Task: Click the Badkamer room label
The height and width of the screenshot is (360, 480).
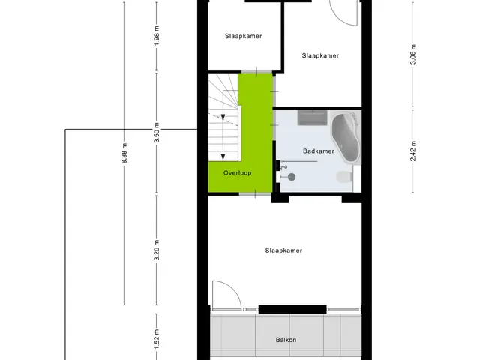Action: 318,151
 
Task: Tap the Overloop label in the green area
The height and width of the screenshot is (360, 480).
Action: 237,173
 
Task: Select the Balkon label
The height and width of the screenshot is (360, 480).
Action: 286,340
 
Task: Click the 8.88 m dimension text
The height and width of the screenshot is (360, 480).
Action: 124,153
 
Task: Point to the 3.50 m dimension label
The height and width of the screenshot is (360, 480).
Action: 157,133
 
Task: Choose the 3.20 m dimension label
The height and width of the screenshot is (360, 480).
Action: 157,250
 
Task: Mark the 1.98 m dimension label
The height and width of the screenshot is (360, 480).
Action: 157,35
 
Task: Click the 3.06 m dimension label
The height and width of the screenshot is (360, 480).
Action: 413,55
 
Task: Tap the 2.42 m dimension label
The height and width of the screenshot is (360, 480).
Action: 413,151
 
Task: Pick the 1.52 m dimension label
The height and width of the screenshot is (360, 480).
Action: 157,339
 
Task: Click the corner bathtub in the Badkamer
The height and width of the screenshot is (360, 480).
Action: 346,138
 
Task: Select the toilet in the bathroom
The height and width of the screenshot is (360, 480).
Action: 345,177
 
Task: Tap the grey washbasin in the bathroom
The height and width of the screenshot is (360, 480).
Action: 312,118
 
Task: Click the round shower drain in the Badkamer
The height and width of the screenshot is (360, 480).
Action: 292,177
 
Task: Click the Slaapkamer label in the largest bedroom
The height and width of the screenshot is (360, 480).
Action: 283,250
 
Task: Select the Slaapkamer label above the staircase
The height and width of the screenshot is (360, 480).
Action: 243,36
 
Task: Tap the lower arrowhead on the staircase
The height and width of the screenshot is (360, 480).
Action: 223,157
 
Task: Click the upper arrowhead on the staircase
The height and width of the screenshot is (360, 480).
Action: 223,117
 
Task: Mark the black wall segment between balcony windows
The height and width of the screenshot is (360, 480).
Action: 292,309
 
